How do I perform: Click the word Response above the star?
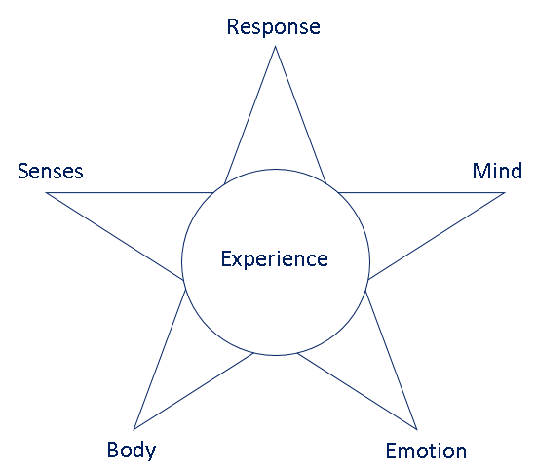click(x=274, y=27)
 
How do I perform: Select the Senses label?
click(x=51, y=171)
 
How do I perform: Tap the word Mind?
click(x=497, y=171)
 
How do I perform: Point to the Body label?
click(x=132, y=451)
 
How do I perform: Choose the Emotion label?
click(x=426, y=451)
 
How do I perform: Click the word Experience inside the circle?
click(x=275, y=259)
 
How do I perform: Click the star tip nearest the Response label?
click(x=275, y=46)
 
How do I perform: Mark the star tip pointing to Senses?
click(x=46, y=193)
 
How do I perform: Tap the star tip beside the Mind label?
click(x=505, y=193)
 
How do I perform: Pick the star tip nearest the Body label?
click(x=134, y=429)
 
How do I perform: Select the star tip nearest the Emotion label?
click(x=417, y=429)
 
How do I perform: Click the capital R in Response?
click(x=233, y=26)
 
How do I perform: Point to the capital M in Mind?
click(x=480, y=171)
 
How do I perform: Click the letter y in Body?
click(x=151, y=453)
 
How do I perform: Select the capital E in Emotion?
click(x=391, y=451)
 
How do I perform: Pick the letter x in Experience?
click(x=238, y=261)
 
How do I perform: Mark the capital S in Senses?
click(x=23, y=171)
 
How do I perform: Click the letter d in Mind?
click(x=517, y=171)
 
